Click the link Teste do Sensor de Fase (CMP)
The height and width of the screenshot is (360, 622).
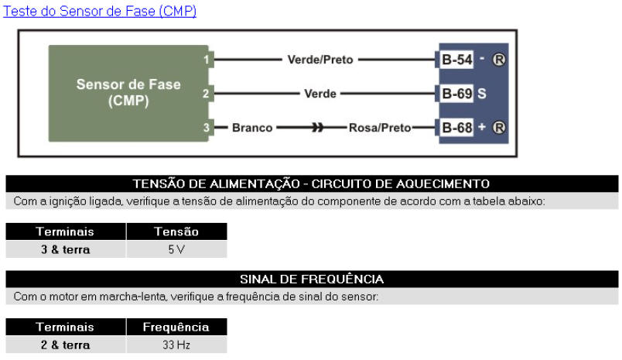pos(100,11)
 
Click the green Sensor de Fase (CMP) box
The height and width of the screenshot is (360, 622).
pos(128,93)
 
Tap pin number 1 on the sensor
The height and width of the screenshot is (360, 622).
pos(207,60)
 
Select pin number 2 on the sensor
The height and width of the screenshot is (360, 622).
pos(206,94)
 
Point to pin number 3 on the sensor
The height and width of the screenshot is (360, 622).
pos(207,128)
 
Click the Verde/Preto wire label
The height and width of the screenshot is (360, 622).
pos(320,60)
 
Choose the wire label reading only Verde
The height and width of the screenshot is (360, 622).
pos(320,94)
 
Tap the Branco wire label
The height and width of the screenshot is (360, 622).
pos(252,128)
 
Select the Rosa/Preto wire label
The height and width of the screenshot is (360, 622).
pos(380,128)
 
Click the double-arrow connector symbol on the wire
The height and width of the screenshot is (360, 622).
pos(317,128)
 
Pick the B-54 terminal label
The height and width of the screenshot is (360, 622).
pos(457,60)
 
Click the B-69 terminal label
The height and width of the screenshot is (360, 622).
pos(457,94)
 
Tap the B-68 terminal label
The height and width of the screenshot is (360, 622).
pos(457,128)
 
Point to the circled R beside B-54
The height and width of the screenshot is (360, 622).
pos(499,60)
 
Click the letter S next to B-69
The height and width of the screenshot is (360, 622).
pos(481,94)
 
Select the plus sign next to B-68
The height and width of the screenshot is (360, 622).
pos(481,127)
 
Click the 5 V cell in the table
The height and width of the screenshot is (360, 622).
pos(176,249)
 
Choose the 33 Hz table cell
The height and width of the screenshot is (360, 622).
pos(176,345)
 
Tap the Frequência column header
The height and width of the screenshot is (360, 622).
pos(176,327)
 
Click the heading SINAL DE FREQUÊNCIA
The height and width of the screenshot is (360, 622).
pos(312,279)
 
